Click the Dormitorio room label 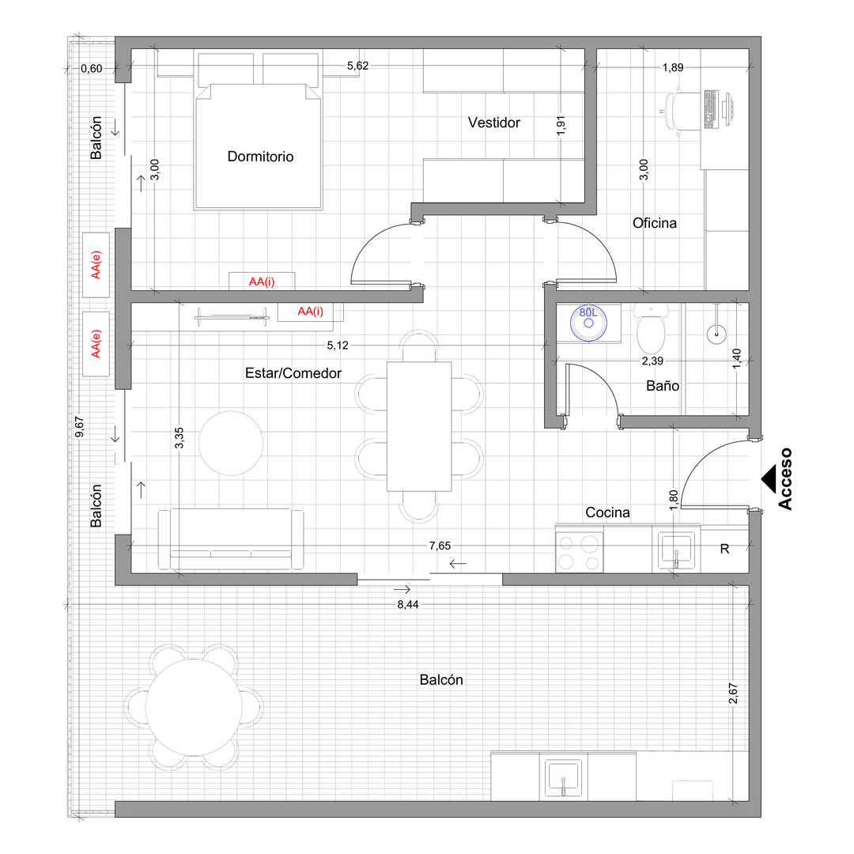(x=260, y=157)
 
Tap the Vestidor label (x=494, y=123)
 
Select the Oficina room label (x=655, y=223)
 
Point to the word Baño (x=663, y=386)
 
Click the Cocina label (x=607, y=512)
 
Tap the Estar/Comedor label (x=293, y=373)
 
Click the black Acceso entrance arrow (x=769, y=479)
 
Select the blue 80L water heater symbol (x=588, y=323)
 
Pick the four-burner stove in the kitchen (x=580, y=552)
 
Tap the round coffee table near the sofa (x=231, y=443)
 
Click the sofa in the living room (x=231, y=539)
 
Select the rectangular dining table (x=419, y=426)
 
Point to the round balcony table (x=194, y=707)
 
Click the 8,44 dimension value (x=408, y=605)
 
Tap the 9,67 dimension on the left (x=80, y=427)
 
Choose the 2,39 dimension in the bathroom (x=652, y=361)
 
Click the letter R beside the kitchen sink (x=724, y=549)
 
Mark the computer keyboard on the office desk (x=710, y=109)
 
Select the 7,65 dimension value (x=440, y=546)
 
